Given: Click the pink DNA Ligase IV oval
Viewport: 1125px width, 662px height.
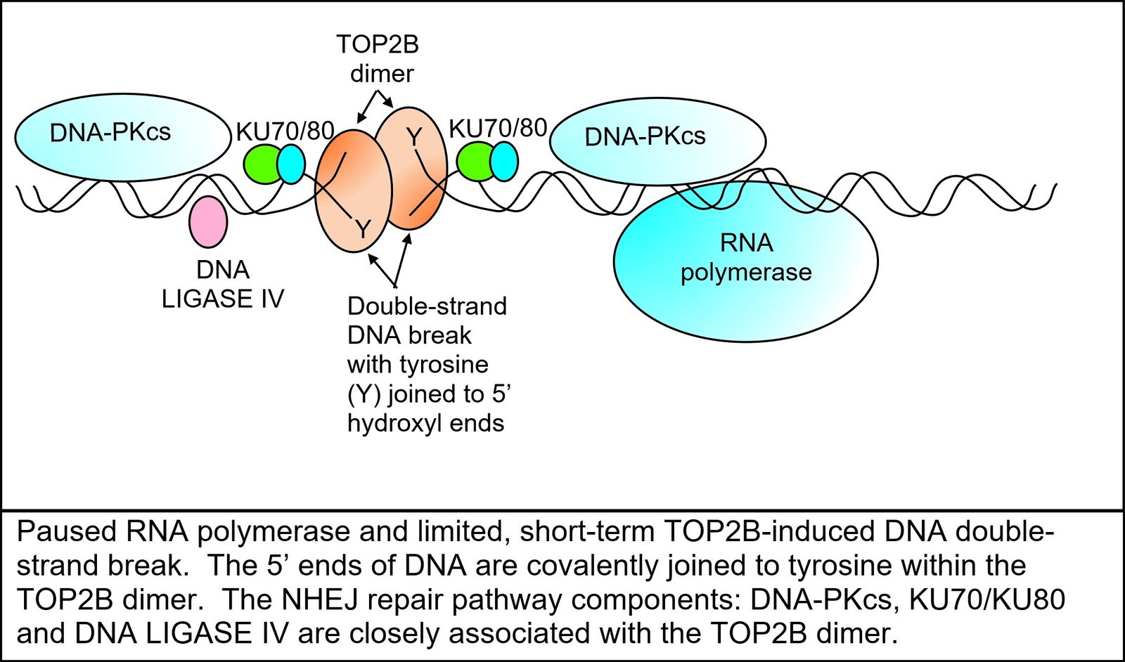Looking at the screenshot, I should [209, 221].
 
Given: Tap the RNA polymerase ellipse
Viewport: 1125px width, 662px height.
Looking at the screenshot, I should [745, 281].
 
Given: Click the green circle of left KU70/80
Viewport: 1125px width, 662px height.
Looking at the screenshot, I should [262, 164].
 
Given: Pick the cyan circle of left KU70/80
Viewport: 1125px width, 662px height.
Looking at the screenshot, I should [291, 164].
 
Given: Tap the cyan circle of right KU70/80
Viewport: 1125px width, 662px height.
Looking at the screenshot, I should [503, 162].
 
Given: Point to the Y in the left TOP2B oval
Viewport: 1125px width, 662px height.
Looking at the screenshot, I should [362, 228].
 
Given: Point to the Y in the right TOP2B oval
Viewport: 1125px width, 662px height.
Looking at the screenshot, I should [415, 138].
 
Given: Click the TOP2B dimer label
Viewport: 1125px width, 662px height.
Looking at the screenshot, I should [378, 59].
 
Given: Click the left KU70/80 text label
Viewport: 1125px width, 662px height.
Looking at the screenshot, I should [284, 131].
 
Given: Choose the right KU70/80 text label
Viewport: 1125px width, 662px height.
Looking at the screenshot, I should [497, 128].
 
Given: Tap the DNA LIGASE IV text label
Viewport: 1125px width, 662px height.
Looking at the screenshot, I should [222, 285].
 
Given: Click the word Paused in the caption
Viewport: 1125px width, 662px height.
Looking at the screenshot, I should [67, 532].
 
